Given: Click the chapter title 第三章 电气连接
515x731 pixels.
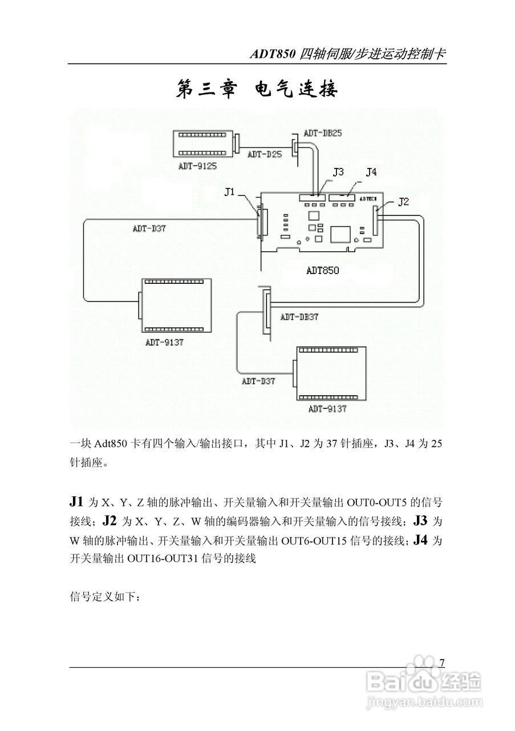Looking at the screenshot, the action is pos(257,90).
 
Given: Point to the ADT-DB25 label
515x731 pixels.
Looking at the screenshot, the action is pos(323,133).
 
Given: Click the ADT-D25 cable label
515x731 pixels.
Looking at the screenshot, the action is pos(264,154).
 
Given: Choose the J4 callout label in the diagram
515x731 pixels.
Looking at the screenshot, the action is pos(371,171).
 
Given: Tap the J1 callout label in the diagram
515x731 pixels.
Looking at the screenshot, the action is pos(230,192).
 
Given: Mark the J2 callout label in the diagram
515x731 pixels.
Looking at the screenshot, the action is pos(403,201).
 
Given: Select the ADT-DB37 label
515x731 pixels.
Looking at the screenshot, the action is pos(299,317).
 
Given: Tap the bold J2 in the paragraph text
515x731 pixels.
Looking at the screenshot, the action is pos(110,520).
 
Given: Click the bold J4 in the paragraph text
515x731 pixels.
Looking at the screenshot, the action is pos(420,539).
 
